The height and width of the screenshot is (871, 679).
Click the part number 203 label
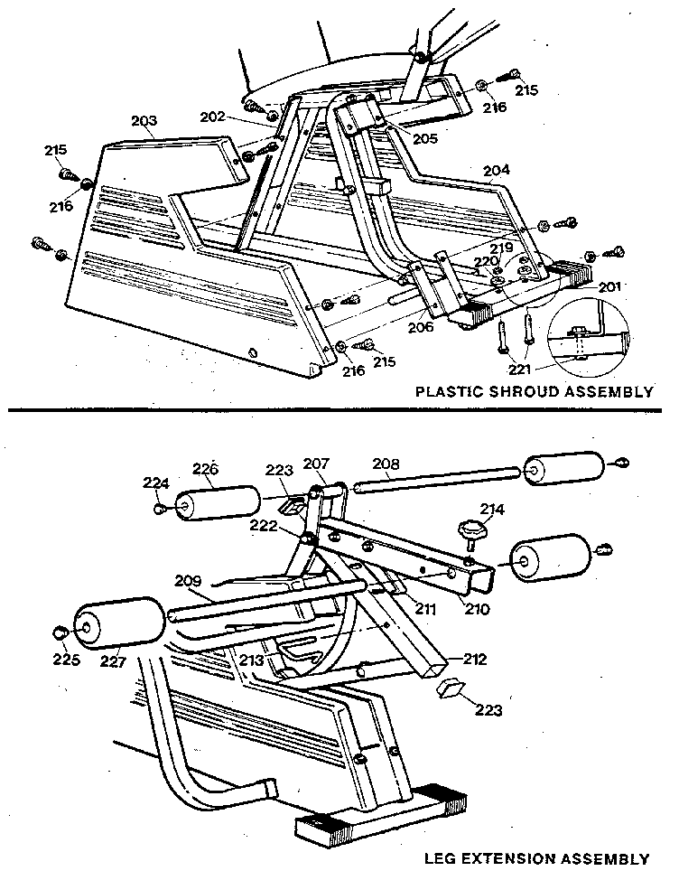(x=144, y=120)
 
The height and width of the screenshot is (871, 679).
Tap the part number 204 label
(x=496, y=171)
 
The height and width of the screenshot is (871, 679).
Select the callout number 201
(x=610, y=287)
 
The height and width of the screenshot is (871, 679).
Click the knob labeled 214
(x=471, y=529)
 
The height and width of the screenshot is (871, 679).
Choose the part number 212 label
(x=475, y=660)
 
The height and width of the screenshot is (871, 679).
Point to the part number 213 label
(x=252, y=660)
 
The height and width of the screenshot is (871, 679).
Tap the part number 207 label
(x=315, y=464)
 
